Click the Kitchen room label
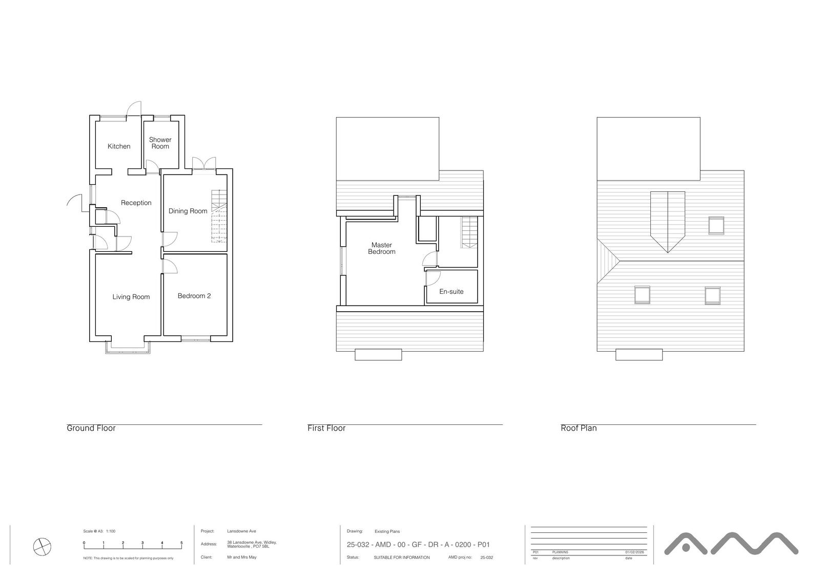point(119,146)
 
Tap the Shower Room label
point(160,143)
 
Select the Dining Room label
point(188,211)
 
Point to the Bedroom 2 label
point(194,296)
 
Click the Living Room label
point(131,297)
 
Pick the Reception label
point(136,203)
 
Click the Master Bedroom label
point(382,248)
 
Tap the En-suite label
point(452,292)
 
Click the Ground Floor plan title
point(91,428)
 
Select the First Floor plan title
point(326,428)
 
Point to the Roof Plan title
point(579,428)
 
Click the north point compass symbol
point(42,547)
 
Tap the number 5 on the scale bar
point(181,543)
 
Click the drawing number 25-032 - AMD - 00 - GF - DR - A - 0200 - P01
point(418,545)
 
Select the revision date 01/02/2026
point(634,552)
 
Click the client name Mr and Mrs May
point(242,557)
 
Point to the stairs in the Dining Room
point(219,215)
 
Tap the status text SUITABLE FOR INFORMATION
point(402,557)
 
